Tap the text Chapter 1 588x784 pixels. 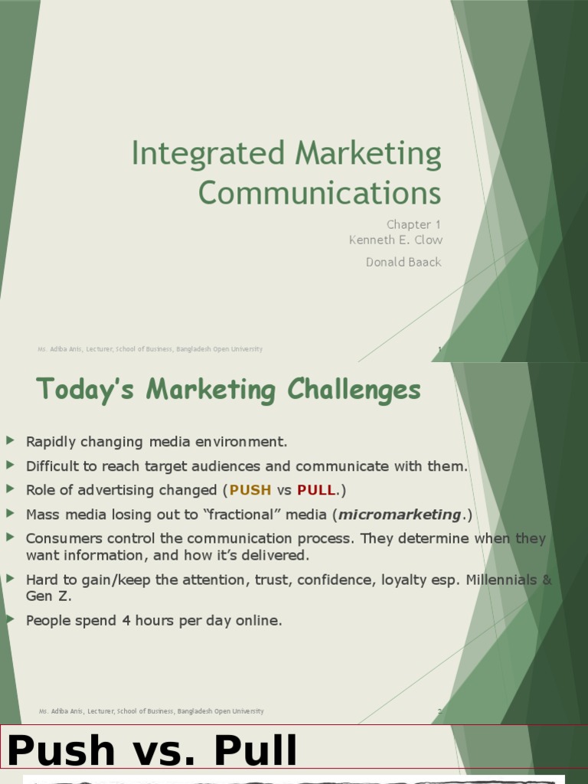[x=413, y=224]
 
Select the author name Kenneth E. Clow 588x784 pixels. [x=395, y=240]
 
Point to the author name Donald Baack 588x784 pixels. [x=403, y=262]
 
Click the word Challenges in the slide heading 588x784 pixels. [x=354, y=390]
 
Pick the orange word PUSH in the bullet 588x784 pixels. [x=250, y=490]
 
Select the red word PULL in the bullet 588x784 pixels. [x=316, y=490]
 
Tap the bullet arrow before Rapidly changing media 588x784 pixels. [x=10, y=440]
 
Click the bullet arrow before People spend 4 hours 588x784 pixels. [x=10, y=619]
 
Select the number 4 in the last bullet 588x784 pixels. [x=126, y=620]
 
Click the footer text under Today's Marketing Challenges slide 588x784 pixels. [x=151, y=711]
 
